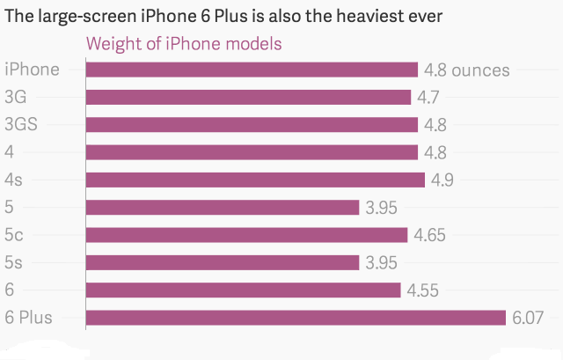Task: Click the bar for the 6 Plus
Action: pyautogui.click(x=296, y=317)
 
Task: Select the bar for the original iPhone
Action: pyautogui.click(x=251, y=70)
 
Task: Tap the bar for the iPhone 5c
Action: pyautogui.click(x=246, y=235)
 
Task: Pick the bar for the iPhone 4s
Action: pyautogui.click(x=255, y=180)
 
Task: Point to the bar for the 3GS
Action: pyautogui.click(x=251, y=125)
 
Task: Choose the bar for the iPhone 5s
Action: pyautogui.click(x=222, y=262)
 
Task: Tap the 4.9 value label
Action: pyautogui.click(x=442, y=180)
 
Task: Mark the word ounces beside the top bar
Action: pyautogui.click(x=481, y=70)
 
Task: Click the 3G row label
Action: pyautogui.click(x=17, y=97)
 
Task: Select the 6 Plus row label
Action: pyautogui.click(x=28, y=318)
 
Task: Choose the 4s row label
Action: pyautogui.click(x=14, y=180)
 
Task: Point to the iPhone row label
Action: pyautogui.click(x=32, y=70)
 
